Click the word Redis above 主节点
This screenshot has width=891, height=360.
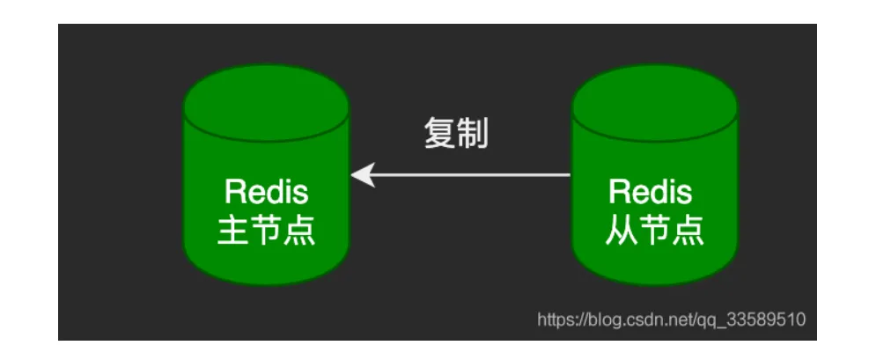pyautogui.click(x=266, y=192)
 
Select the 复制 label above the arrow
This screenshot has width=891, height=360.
pyautogui.click(x=456, y=134)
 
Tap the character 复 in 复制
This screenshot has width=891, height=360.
pyautogui.click(x=440, y=134)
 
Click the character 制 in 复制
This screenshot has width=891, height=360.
pyautogui.click(x=473, y=134)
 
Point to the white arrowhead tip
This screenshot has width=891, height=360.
pyautogui.click(x=354, y=175)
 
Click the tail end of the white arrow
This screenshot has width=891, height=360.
pyautogui.click(x=569, y=175)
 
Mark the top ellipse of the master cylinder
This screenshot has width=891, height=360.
pyautogui.click(x=266, y=104)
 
